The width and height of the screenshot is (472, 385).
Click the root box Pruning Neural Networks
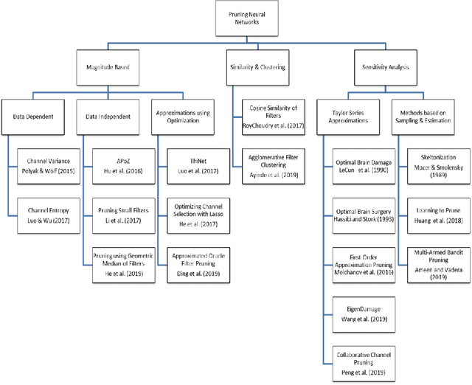pyautogui.click(x=245, y=18)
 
